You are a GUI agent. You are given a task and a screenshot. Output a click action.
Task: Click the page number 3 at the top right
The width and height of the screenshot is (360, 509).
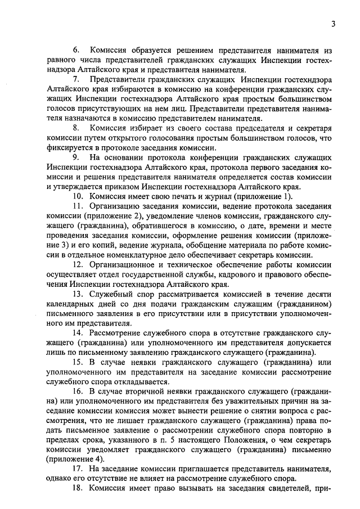point(333,24)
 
